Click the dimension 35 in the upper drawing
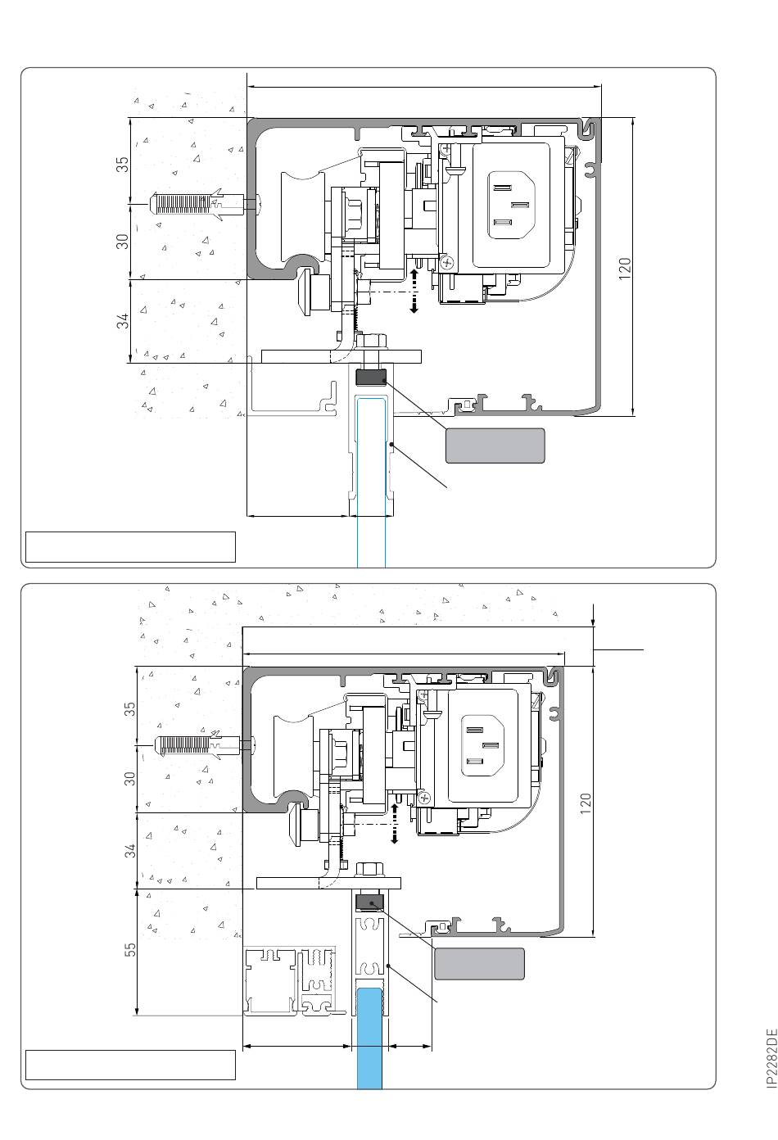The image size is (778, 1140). (123, 165)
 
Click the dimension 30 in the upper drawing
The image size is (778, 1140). (123, 242)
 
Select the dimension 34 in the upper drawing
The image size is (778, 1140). (123, 321)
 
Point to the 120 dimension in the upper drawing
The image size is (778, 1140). (625, 268)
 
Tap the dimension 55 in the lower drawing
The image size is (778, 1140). (130, 950)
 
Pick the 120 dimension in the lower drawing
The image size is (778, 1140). (586, 803)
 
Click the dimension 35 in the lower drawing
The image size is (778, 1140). (130, 709)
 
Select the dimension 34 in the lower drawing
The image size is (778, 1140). (130, 850)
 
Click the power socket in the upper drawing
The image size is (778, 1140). (511, 205)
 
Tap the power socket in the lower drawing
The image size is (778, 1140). (483, 745)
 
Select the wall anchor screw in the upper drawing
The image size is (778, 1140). (204, 204)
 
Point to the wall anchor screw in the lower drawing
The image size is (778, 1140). (205, 745)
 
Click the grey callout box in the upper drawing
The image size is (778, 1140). (495, 446)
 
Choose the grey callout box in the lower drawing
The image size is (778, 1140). (479, 963)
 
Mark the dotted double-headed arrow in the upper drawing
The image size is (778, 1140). (414, 291)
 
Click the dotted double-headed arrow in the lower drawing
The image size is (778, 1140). (395, 823)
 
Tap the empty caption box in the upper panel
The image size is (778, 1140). (130, 547)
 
